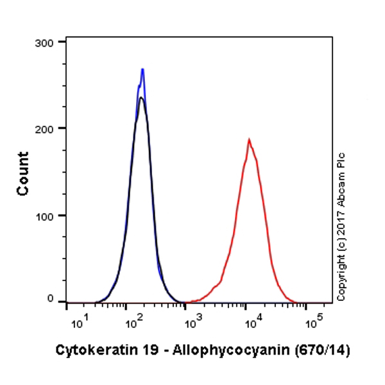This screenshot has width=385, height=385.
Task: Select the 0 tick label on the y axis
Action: point(53,298)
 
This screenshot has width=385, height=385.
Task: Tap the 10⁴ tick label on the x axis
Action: point(253,321)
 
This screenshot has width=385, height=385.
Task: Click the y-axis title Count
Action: point(23,173)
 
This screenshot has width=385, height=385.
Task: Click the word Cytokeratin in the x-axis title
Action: point(87,351)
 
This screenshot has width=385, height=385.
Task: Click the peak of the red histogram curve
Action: point(248,139)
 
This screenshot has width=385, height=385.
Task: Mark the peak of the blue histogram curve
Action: point(142,69)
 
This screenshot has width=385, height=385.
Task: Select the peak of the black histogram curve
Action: point(141,98)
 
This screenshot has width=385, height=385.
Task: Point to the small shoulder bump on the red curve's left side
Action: point(216,285)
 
